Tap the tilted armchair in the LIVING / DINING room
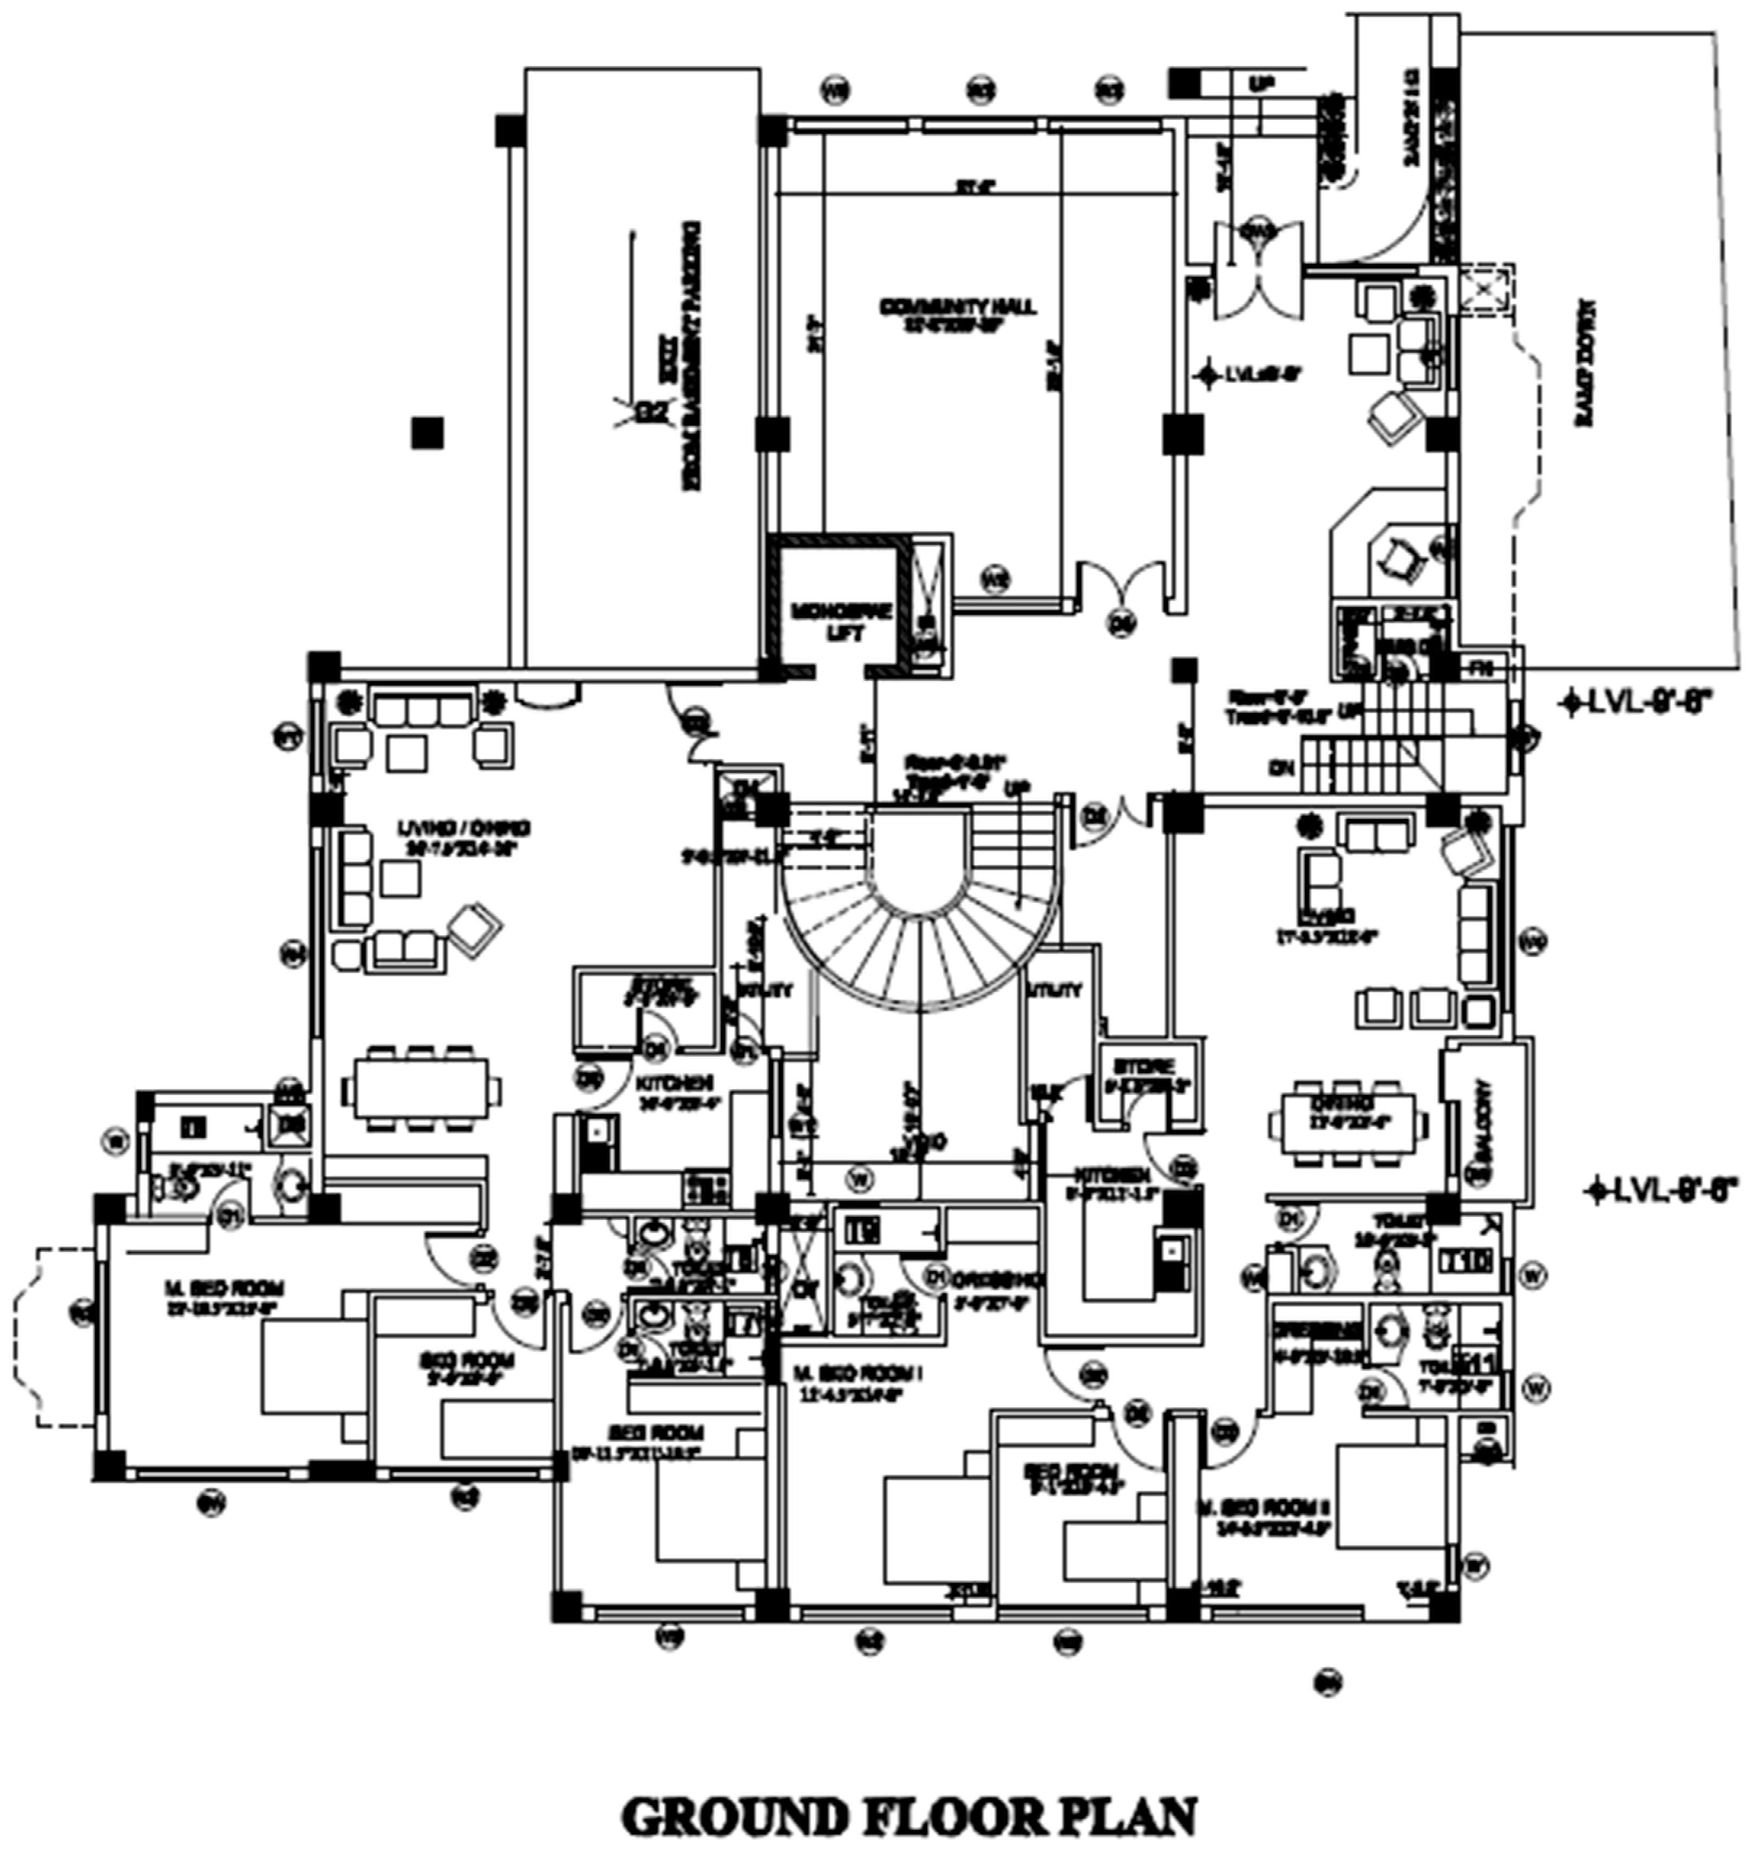(x=476, y=926)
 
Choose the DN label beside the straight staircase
(x=1280, y=767)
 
